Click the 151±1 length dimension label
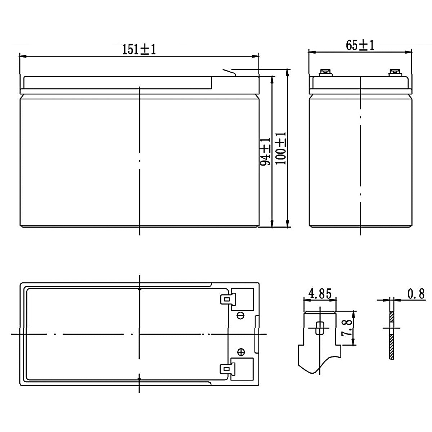[x=139, y=50]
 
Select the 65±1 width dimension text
[x=360, y=45]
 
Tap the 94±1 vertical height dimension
[x=265, y=152]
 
